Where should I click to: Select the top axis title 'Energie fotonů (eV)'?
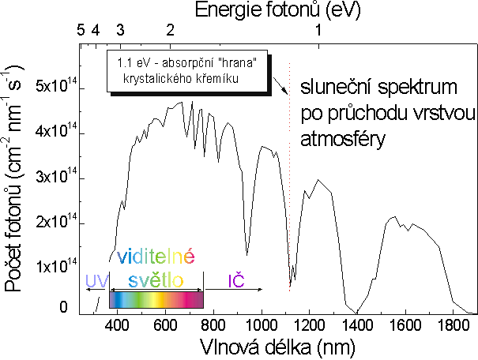click(x=270, y=10)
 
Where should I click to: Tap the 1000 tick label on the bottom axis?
click(x=262, y=324)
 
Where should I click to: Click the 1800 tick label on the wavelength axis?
click(x=453, y=324)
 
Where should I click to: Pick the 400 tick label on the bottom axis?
click(x=118, y=324)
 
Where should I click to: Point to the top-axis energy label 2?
click(x=170, y=30)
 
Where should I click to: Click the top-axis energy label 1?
click(x=318, y=30)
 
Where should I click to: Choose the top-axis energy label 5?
click(x=81, y=30)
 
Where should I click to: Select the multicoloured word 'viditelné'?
click(x=155, y=257)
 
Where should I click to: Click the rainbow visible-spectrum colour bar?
click(x=156, y=300)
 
